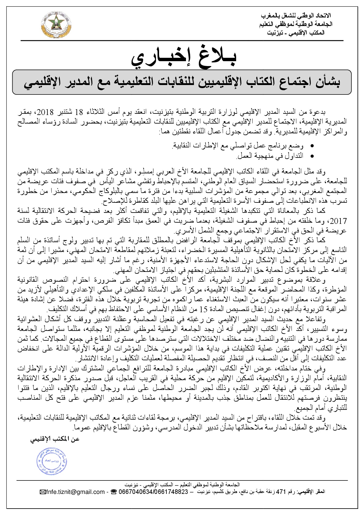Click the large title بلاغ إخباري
pos(184,58)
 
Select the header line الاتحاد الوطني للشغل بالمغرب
pos(296,16)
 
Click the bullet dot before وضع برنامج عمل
pos(312,146)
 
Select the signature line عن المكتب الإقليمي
pos(55,439)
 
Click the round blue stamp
pos(50,461)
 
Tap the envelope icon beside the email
pos(43,492)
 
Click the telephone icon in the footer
pos(114,492)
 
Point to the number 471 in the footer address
pos(280,492)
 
